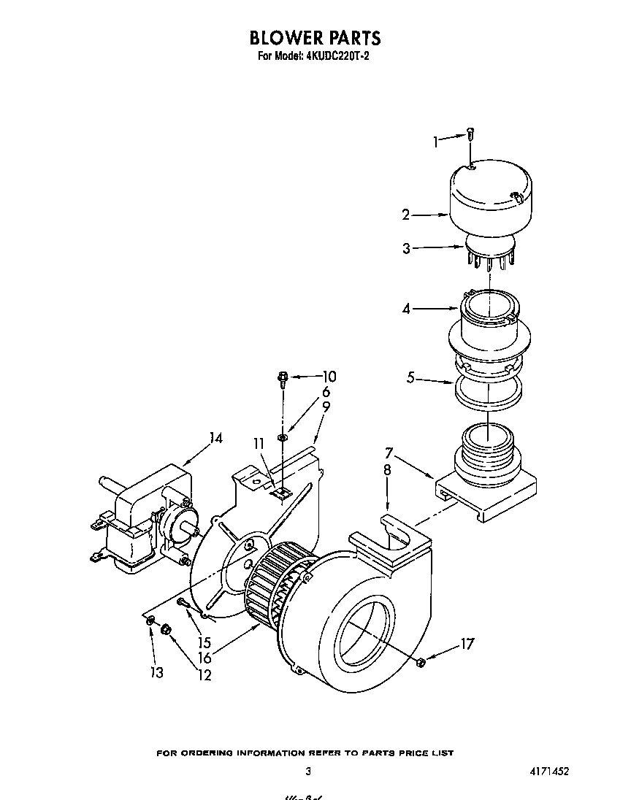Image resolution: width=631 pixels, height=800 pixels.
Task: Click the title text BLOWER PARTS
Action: click(315, 37)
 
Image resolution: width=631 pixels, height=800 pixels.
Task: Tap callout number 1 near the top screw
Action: click(436, 142)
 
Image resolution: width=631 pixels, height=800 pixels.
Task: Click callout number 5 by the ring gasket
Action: click(411, 378)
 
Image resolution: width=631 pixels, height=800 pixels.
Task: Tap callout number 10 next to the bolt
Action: click(329, 377)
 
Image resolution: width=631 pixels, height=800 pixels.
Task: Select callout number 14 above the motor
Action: click(215, 439)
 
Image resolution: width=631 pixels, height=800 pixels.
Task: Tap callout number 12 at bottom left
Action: click(204, 676)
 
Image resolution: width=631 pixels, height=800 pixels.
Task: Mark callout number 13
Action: click(157, 672)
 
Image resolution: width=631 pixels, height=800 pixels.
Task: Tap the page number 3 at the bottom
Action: click(309, 772)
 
